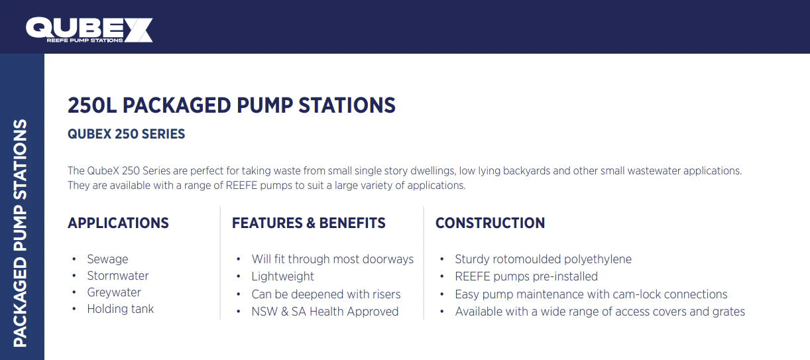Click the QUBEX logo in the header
tap(89, 30)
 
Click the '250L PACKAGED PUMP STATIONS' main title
tap(231, 105)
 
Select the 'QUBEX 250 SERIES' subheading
tap(126, 134)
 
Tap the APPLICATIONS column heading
tap(118, 223)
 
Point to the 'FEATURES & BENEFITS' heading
tap(308, 223)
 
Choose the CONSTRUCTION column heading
tap(490, 223)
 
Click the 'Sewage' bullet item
tap(107, 259)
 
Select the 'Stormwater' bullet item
tap(118, 276)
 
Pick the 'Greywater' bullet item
tap(114, 292)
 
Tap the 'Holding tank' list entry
tap(121, 309)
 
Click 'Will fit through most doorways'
tap(333, 259)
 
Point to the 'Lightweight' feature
tap(283, 276)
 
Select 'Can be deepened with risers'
tap(326, 294)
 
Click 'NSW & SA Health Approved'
tap(325, 312)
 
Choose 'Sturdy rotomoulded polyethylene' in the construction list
tap(543, 259)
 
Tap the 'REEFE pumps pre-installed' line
tap(526, 276)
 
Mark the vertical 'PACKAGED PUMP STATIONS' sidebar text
tap(21, 233)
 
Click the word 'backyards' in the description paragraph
tap(526, 171)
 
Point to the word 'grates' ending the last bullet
tap(728, 312)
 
